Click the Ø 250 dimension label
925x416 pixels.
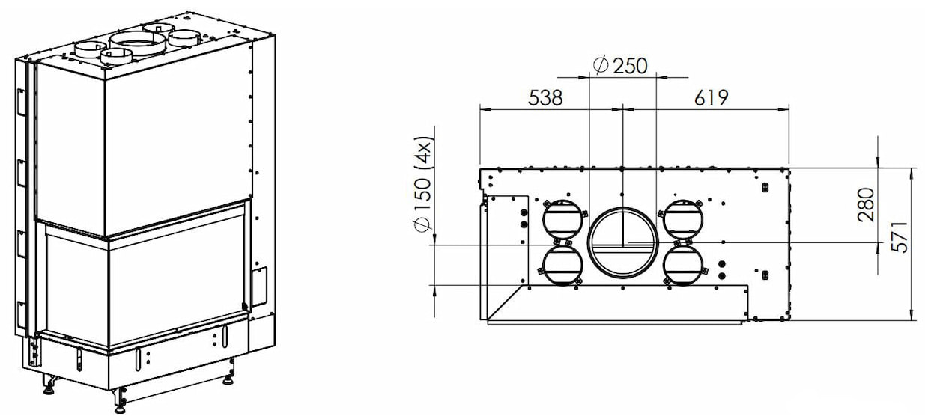[x=620, y=66]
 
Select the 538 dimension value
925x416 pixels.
[x=545, y=98]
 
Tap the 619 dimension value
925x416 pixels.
[x=711, y=98]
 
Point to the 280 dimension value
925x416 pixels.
[x=866, y=205]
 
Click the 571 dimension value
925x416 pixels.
[x=900, y=237]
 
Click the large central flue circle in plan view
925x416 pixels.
[x=622, y=243]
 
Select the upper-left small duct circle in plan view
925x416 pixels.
[x=562, y=220]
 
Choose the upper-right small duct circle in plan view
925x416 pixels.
[x=682, y=220]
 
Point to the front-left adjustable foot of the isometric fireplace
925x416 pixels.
[x=49, y=385]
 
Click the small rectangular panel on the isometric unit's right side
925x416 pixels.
[x=259, y=287]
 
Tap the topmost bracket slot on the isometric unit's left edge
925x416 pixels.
[x=21, y=102]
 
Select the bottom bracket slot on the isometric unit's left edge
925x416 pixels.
[x=21, y=314]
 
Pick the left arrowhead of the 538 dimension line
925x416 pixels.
[x=486, y=109]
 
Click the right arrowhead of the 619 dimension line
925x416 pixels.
[x=783, y=109]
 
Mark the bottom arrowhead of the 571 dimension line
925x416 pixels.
[x=912, y=313]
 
